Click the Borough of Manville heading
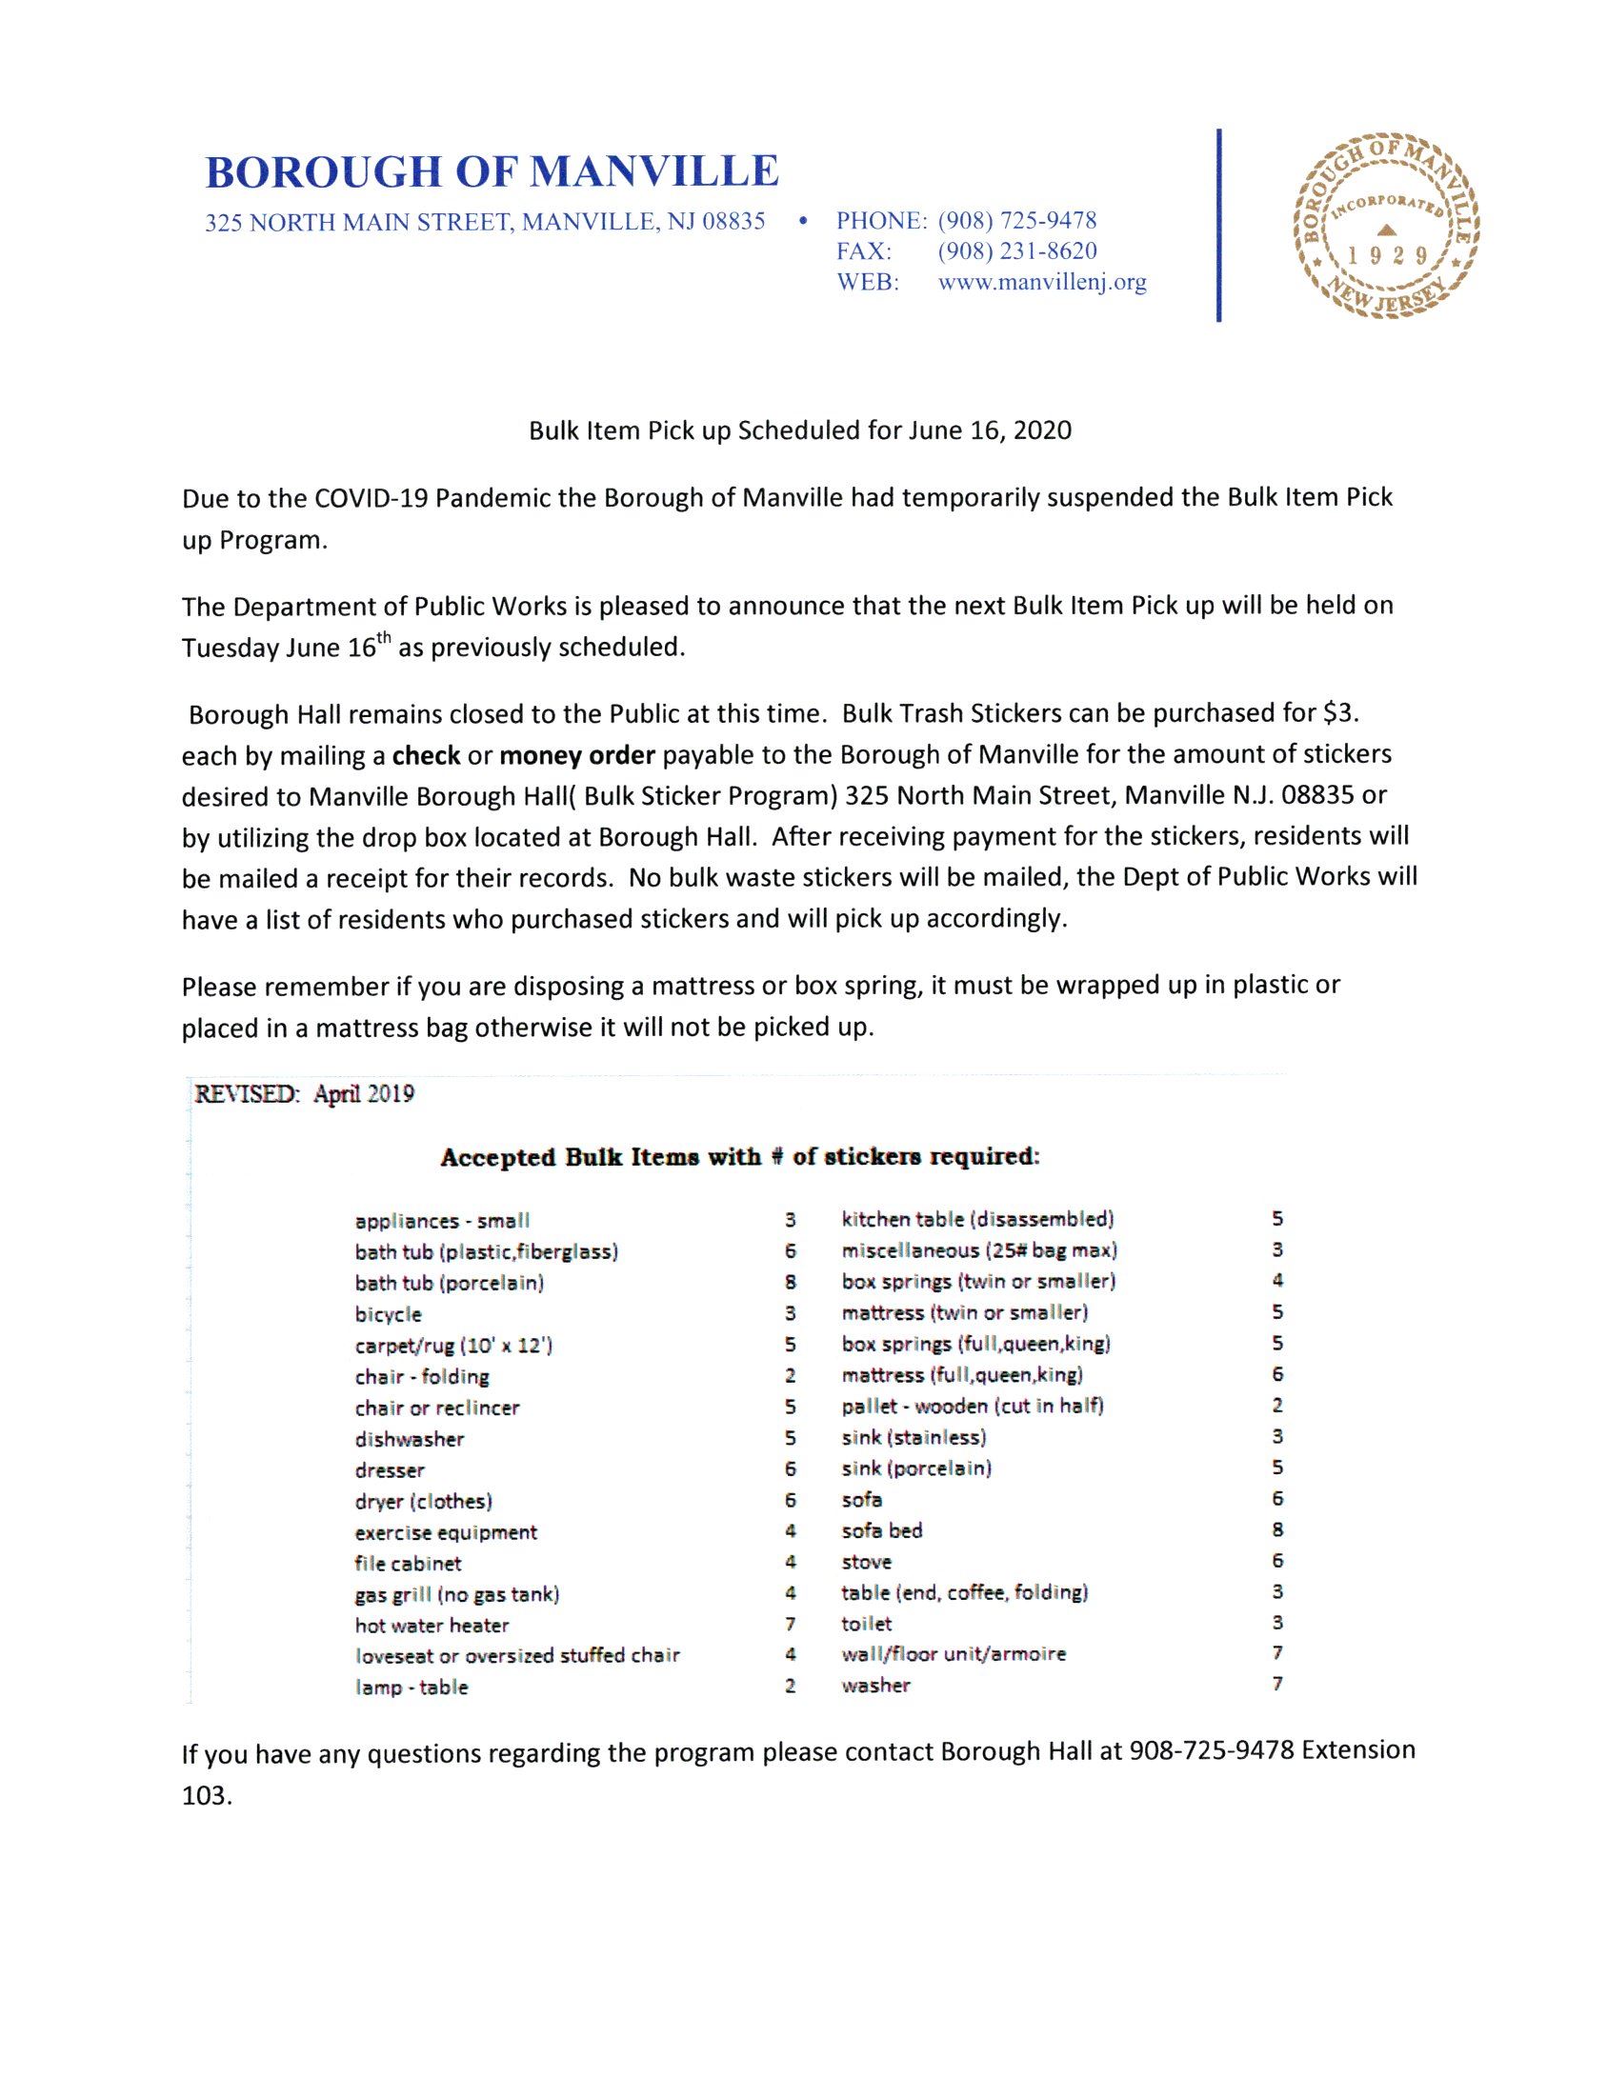coord(492,171)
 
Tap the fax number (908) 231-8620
coord(1017,251)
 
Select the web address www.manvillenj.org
coord(1043,283)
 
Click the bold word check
coord(427,755)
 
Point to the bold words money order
coord(577,755)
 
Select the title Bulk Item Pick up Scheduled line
coord(800,431)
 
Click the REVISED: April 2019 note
coord(304,1094)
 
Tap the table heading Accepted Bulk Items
coord(739,1157)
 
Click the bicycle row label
coord(389,1315)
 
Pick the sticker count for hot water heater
coord(790,1626)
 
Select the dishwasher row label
coord(410,1439)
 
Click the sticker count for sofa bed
coord(1277,1530)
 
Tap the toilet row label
coord(867,1624)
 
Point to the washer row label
coord(876,1686)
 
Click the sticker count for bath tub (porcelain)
coord(791,1284)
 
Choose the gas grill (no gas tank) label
coord(457,1594)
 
